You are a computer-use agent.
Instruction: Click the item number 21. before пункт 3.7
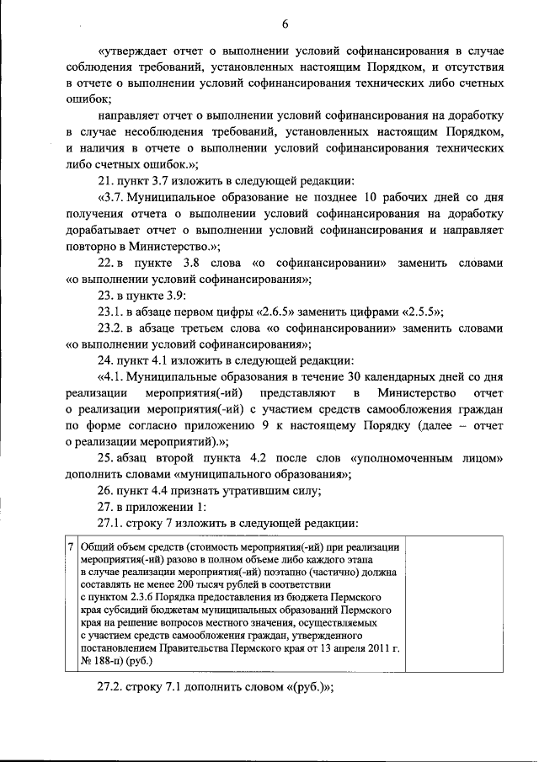click(107, 182)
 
